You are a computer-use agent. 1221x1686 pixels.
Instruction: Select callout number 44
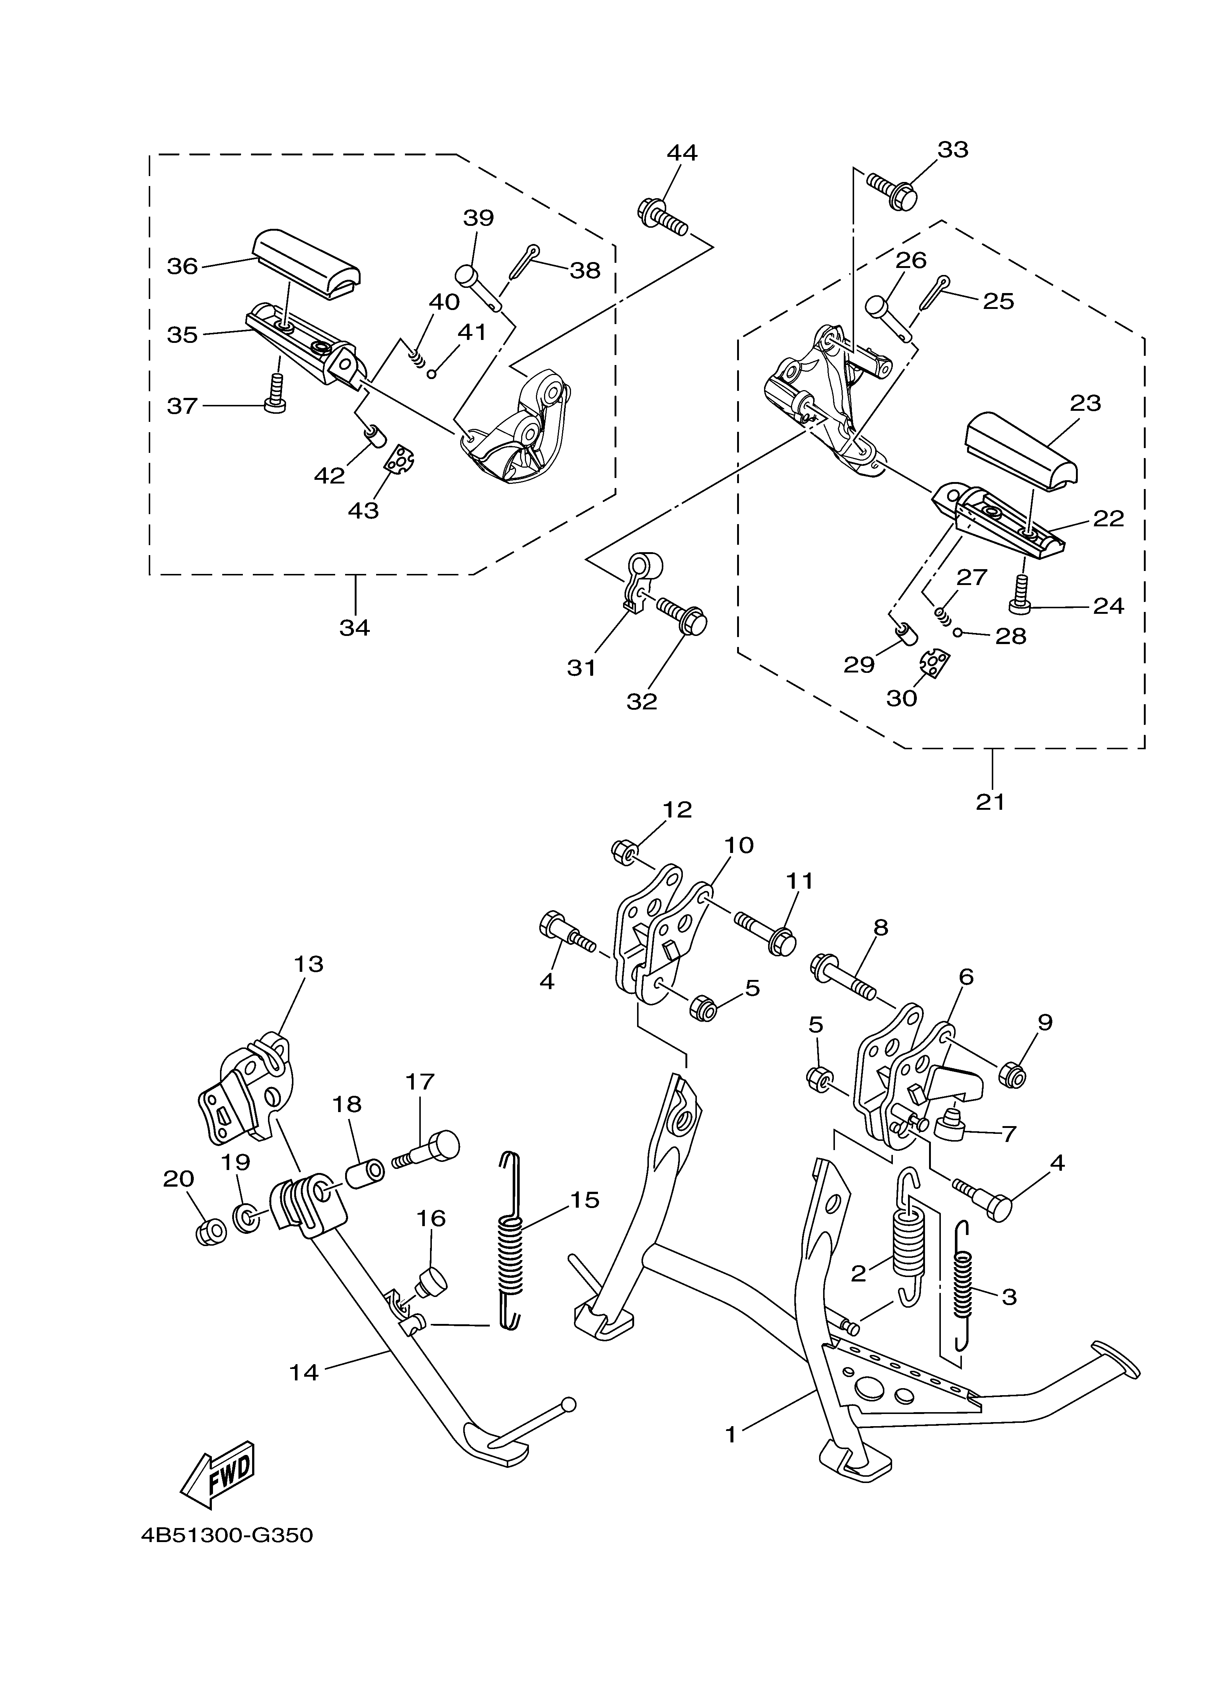tap(682, 153)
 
